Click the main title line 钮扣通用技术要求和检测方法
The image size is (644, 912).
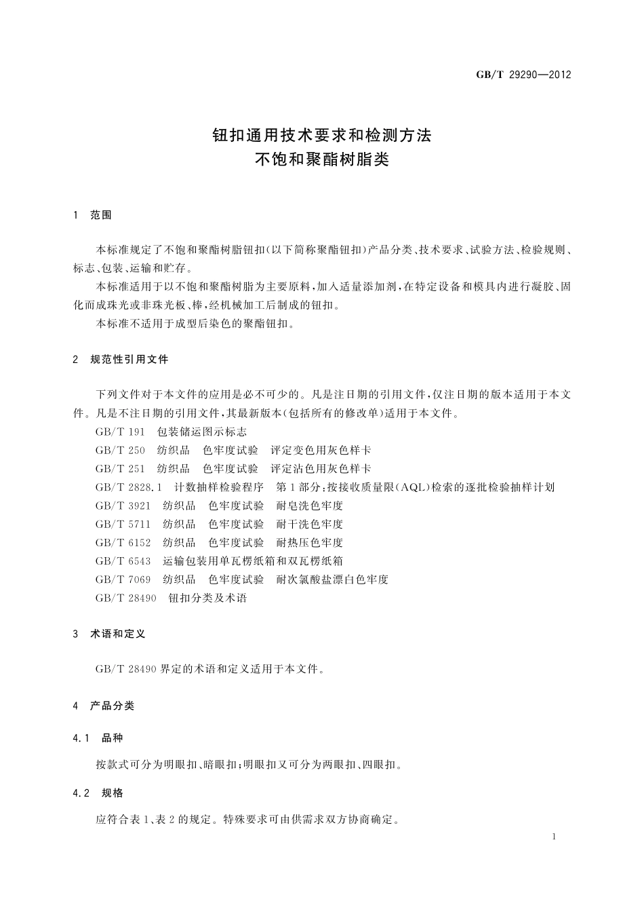pos(322,135)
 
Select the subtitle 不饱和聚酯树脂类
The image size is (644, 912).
pos(322,161)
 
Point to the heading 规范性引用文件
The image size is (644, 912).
pos(129,359)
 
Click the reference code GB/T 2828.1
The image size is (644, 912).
pos(129,487)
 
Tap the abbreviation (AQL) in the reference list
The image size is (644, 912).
pos(410,487)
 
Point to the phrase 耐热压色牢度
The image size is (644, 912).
pos(310,542)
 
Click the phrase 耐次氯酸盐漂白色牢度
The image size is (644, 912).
pos(332,579)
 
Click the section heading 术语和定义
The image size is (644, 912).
pos(117,634)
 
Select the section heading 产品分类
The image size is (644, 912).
pos(112,706)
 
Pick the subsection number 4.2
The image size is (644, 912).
pos(81,793)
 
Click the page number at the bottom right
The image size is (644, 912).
pos(554,837)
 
